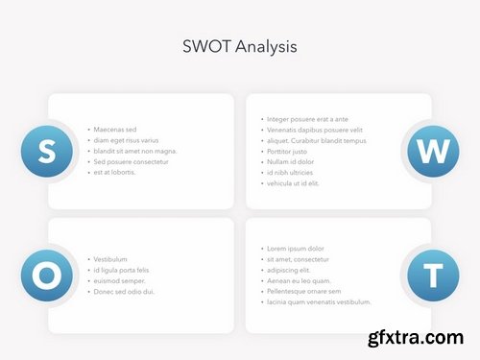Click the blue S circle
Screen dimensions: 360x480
click(x=46, y=150)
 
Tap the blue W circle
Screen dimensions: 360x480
click(x=433, y=151)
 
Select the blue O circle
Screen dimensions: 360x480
click(x=46, y=276)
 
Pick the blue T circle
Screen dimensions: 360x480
click(x=433, y=276)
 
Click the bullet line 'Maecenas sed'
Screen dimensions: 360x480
click(x=115, y=130)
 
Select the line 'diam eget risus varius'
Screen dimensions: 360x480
click(x=127, y=140)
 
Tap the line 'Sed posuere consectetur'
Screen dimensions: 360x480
click(x=131, y=161)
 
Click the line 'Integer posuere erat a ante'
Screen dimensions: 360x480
click(x=307, y=119)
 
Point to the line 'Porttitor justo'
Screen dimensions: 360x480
click(x=287, y=152)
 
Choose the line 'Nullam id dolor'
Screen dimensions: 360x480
click(x=290, y=162)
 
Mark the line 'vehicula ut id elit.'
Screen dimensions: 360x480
click(x=294, y=183)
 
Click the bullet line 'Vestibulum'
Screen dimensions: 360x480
click(x=110, y=259)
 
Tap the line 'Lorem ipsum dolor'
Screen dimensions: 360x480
click(x=295, y=249)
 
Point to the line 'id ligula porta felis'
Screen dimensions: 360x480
click(x=121, y=270)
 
